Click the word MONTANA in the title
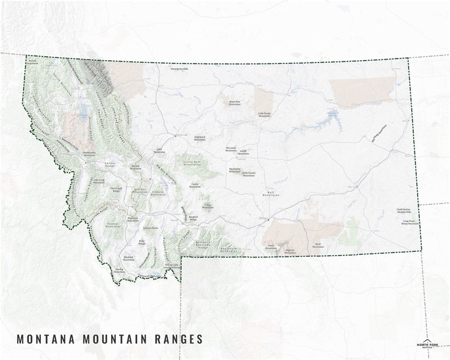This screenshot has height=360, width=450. click(x=48, y=339)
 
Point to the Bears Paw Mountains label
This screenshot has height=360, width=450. click(x=235, y=103)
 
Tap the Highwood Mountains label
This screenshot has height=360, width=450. click(x=200, y=138)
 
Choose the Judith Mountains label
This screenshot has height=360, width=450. click(x=243, y=152)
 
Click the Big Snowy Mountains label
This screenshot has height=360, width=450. click(x=235, y=170)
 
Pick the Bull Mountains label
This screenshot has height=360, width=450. click(x=273, y=193)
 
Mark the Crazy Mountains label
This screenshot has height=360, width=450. click(x=208, y=206)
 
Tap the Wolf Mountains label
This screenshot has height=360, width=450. click(x=318, y=246)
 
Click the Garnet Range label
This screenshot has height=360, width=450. click(x=109, y=164)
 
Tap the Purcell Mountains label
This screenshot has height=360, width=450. click(x=33, y=61)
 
